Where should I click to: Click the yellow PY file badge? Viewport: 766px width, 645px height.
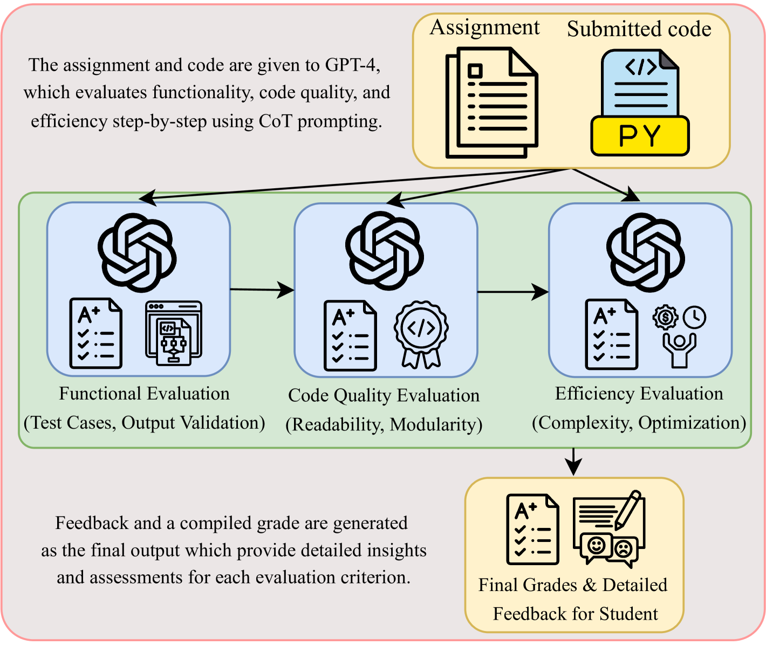tap(640, 136)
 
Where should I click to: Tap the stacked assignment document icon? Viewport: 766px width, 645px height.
tap(491, 102)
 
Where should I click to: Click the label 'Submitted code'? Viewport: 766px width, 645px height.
tap(639, 29)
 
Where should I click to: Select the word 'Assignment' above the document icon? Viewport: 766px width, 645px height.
tap(484, 28)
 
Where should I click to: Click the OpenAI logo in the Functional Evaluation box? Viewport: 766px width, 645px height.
tap(137, 252)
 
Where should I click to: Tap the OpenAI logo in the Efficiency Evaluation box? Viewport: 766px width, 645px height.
tap(645, 252)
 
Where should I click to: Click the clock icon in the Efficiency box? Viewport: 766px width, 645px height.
tap(694, 317)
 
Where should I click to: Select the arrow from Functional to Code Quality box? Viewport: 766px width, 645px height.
tap(262, 290)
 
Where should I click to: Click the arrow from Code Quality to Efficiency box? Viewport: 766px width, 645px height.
tap(512, 292)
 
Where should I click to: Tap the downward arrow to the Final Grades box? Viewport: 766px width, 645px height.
tap(573, 461)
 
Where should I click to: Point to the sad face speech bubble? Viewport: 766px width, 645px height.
tap(623, 550)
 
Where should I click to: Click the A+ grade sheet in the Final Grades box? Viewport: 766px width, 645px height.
tap(532, 529)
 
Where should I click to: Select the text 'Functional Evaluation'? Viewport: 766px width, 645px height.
tap(144, 394)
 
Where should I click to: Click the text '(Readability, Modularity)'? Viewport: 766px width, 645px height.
tap(384, 425)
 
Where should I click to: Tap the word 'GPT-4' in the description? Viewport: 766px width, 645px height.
tap(352, 65)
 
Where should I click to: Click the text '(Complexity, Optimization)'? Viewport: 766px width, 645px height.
tap(639, 423)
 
